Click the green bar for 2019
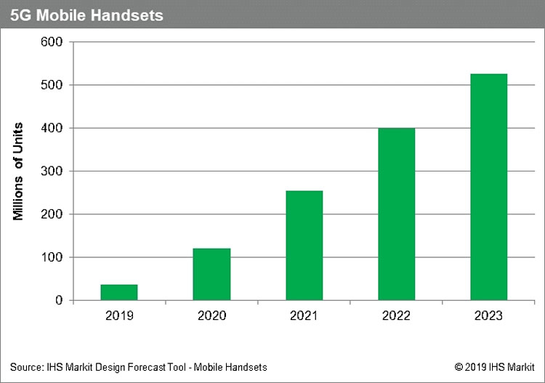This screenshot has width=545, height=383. pos(118,292)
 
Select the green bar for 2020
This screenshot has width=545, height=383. pos(211,274)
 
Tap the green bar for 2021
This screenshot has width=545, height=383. pos(304,246)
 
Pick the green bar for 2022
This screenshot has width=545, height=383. pos(397,214)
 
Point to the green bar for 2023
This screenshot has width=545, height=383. pos(489,187)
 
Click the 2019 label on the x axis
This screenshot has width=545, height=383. pos(118,316)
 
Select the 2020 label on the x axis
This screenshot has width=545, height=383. pos(211,316)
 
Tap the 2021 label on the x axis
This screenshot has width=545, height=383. pos(304,316)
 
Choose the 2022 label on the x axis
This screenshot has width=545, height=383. pos(397,316)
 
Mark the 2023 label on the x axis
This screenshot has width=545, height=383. pos(489,316)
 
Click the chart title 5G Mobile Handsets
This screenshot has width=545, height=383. pos(86,14)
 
